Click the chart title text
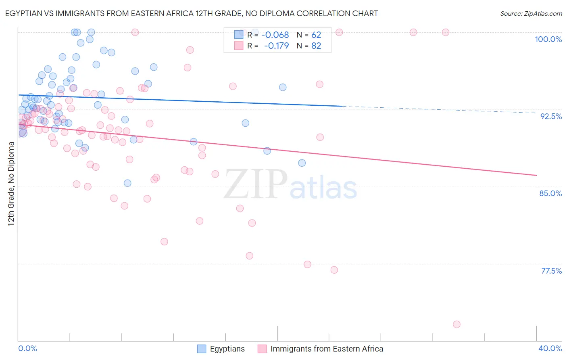pos(192,13)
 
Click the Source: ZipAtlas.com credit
pos(531,13)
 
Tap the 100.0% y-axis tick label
pos(548,39)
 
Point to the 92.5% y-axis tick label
pos(551,116)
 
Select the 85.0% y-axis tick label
pos(550,193)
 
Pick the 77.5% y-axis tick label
pos(551,271)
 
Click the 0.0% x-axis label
pos(27,348)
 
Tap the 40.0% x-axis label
pos(550,348)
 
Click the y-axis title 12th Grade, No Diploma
pos(11,184)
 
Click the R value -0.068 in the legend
pos(275,35)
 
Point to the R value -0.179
pos(276,46)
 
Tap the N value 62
pos(316,35)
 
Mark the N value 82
pos(316,46)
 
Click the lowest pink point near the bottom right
pos(457,324)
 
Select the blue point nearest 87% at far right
pos(302,163)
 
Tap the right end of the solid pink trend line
pos(536,175)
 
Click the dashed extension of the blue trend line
pos(440,109)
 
